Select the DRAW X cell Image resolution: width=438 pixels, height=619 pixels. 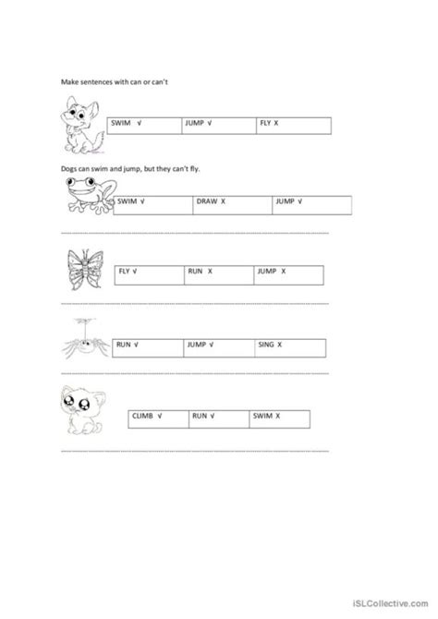(x=231, y=201)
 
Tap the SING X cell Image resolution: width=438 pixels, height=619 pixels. (x=292, y=346)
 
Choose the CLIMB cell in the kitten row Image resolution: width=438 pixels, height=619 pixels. (x=155, y=419)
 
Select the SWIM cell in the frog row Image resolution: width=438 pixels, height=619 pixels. (x=153, y=201)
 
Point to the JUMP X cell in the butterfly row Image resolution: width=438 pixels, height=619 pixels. (x=287, y=273)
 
